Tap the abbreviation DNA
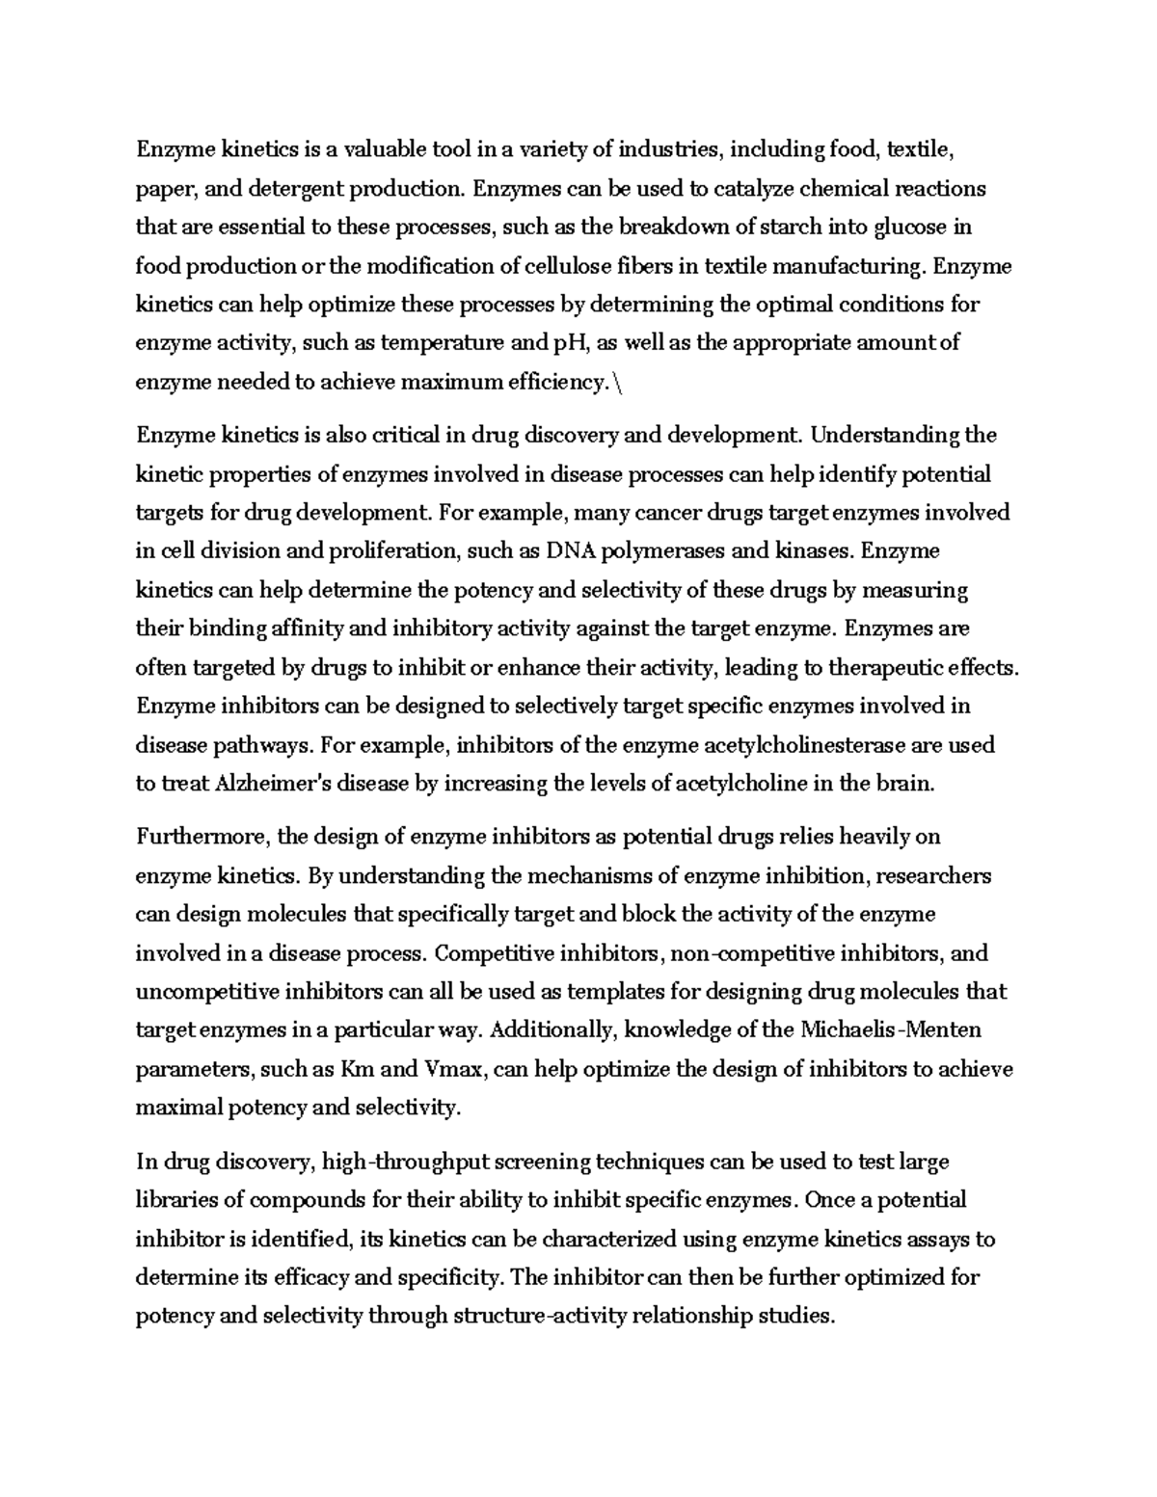pyautogui.click(x=572, y=551)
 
